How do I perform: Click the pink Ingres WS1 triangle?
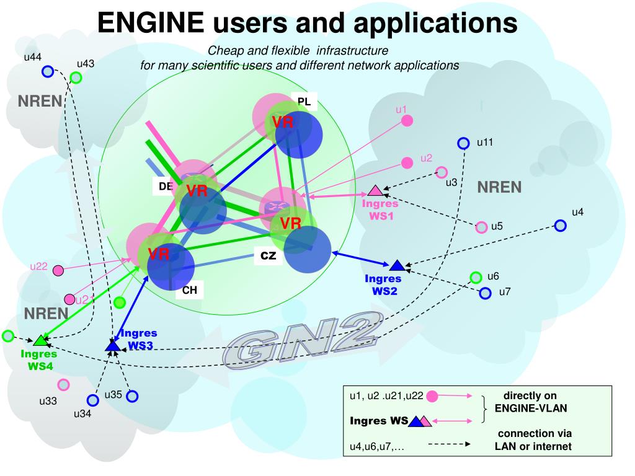point(374,191)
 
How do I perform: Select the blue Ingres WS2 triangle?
point(397,266)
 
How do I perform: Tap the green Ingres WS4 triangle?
point(41,340)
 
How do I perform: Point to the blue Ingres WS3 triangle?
point(112,346)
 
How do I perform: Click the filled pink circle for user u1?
point(407,120)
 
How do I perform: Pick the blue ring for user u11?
point(463,143)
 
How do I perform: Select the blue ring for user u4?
point(560,226)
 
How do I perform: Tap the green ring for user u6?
point(476,277)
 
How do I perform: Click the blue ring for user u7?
point(485,293)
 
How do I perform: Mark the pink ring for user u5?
point(481,227)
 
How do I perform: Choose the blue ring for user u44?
point(48,72)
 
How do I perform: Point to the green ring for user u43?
point(76,77)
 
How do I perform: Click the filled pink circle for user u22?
point(58,270)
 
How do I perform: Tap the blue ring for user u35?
point(132,396)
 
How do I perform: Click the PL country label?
point(304,102)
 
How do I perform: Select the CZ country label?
point(268,256)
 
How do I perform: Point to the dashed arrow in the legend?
point(449,444)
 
